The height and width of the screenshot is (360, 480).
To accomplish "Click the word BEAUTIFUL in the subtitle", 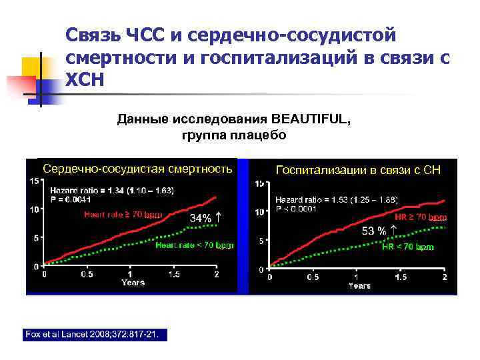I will pos(311,119).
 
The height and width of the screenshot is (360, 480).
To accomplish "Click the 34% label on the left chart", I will pos(201,218).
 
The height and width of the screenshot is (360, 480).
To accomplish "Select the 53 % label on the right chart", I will pos(374,231).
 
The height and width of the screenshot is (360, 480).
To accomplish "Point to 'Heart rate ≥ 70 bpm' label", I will pos(123,215).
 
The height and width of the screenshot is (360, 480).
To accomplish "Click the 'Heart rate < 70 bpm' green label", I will pos(194,245).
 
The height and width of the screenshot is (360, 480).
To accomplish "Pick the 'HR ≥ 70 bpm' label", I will pos(421,217).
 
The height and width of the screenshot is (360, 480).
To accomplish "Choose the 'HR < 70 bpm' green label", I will pos(408,247).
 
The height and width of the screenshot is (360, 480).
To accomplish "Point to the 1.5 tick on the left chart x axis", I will pos(174,274).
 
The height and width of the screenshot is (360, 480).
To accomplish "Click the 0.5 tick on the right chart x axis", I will pos(312,277).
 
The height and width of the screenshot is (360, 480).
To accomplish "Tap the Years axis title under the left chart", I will pos(133,283).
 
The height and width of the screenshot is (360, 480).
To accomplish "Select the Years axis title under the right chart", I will pos(359,285).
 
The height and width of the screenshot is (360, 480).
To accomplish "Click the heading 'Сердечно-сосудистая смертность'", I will pos(137,169).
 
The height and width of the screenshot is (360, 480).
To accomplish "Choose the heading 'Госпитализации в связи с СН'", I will pos(358,170).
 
